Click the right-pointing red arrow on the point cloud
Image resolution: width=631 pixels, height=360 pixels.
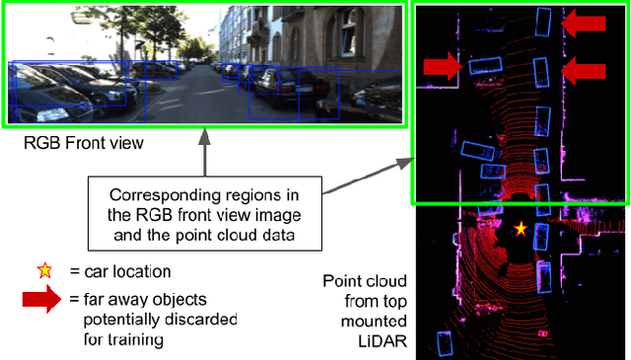click(x=442, y=66)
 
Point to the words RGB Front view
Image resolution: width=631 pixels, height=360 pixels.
click(x=85, y=144)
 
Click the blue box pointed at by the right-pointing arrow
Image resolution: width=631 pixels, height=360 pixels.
click(x=483, y=65)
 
